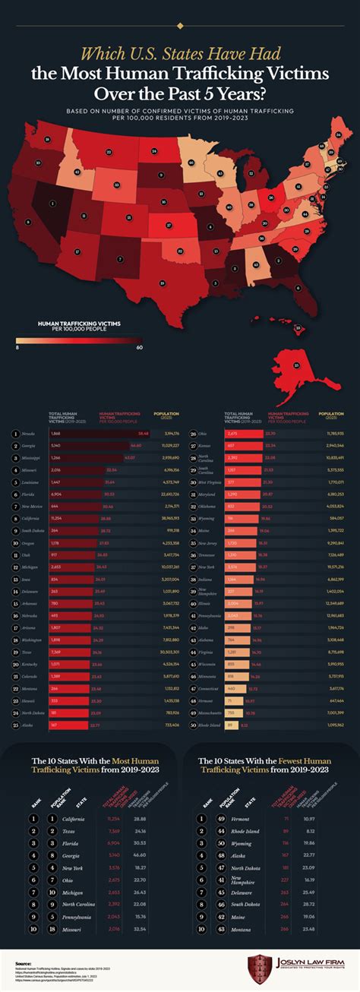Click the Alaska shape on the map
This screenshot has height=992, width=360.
click(x=295, y=365)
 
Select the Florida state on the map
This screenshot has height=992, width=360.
click(x=295, y=285)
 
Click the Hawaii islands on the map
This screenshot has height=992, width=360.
click(x=297, y=329)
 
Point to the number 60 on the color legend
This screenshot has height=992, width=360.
click(x=139, y=347)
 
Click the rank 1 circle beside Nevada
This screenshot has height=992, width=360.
click(x=15, y=433)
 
